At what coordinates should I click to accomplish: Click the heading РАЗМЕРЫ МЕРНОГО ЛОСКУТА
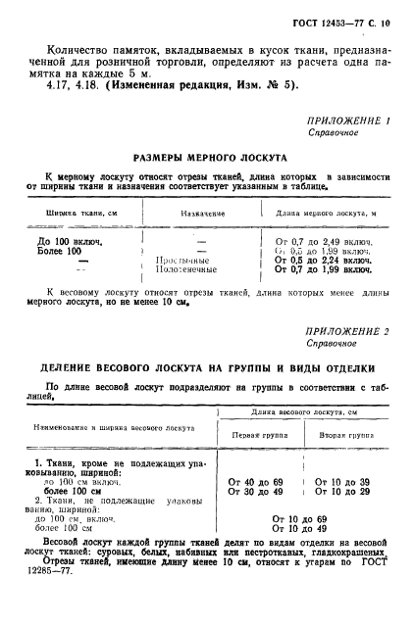(209, 157)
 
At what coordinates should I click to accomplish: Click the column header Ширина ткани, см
(82, 212)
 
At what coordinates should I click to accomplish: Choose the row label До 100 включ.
(71, 240)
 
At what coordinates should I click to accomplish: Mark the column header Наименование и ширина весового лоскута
(102, 428)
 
